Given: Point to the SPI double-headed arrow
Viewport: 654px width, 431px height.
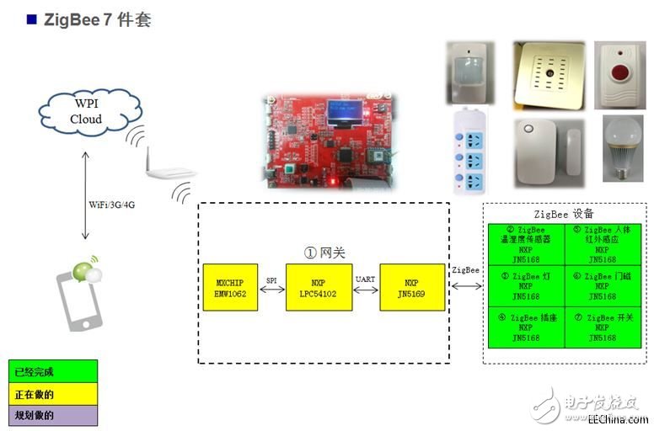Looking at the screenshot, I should [273, 288].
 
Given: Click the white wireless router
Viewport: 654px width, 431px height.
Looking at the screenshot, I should [165, 169].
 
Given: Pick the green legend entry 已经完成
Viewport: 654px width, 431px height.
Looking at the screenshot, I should [53, 371].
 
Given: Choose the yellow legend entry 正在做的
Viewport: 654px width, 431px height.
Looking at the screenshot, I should [53, 393].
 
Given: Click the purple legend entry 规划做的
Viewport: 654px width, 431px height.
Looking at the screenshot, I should [53, 415].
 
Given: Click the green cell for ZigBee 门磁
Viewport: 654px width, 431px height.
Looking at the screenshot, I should [604, 285].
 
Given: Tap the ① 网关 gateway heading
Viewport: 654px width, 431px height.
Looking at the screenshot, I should [324, 252].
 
